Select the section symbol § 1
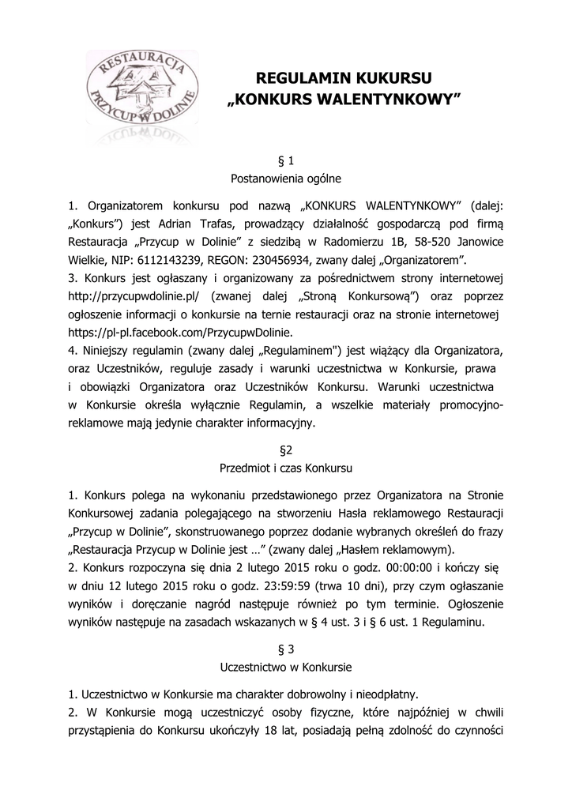click(286, 160)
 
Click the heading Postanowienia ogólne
click(286, 178)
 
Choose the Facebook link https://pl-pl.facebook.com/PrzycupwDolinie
click(181, 332)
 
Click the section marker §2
click(286, 450)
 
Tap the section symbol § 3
click(286, 649)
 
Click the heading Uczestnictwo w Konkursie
click(286, 667)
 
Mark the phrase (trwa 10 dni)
click(344, 586)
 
